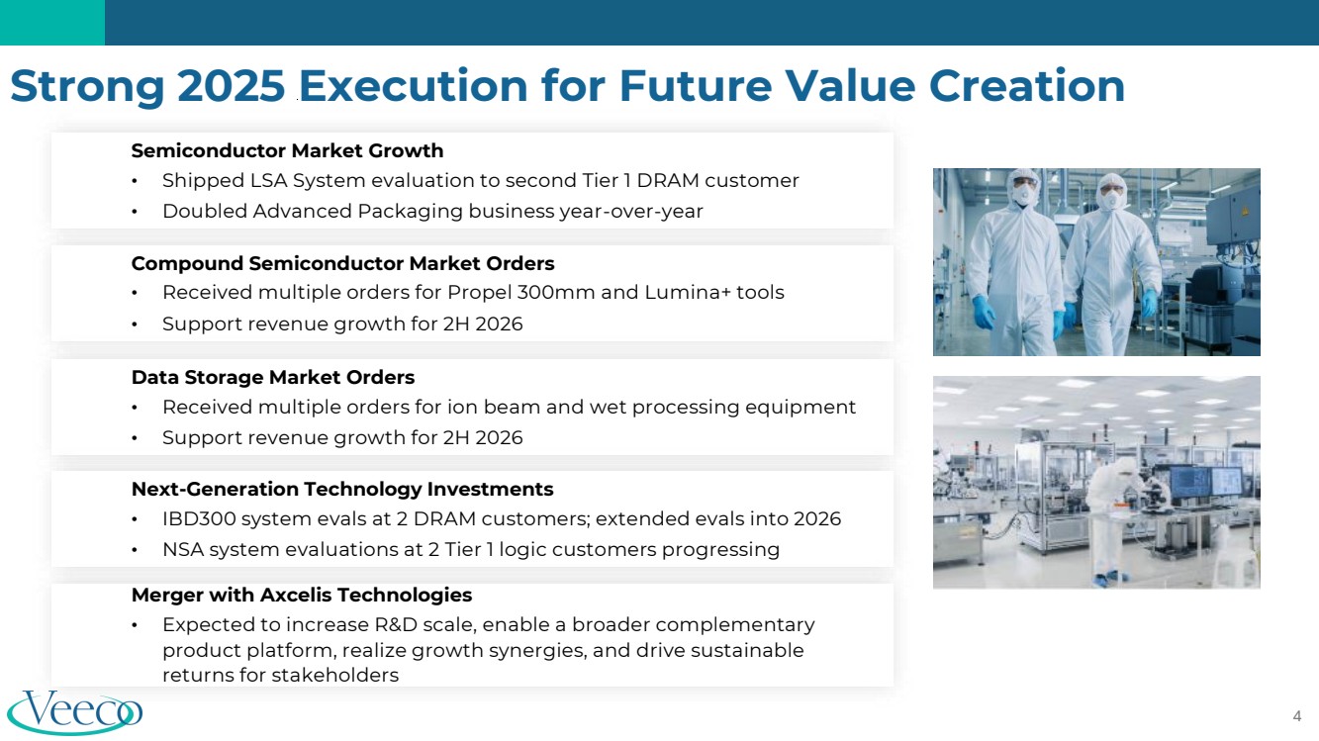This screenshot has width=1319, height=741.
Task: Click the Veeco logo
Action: pos(75,712)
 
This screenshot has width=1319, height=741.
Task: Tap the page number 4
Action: pos(1296,716)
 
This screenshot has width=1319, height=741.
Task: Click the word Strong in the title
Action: pos(87,86)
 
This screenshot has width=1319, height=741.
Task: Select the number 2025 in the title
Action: pos(231,86)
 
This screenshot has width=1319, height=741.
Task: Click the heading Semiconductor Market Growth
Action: pos(287,150)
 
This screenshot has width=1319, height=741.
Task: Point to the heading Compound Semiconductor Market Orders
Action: pos(342,263)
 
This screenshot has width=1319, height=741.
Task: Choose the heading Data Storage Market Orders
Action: pos(273,377)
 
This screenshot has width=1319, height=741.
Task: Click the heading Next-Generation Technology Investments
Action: pos(342,489)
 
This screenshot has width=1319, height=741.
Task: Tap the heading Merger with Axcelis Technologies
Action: pos(302,595)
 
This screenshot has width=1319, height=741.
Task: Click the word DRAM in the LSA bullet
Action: pos(668,181)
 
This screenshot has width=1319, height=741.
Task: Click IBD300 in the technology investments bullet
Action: pos(199,519)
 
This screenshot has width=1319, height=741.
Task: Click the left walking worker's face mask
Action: pos(1024,192)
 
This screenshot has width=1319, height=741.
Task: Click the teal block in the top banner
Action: pos(52,23)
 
